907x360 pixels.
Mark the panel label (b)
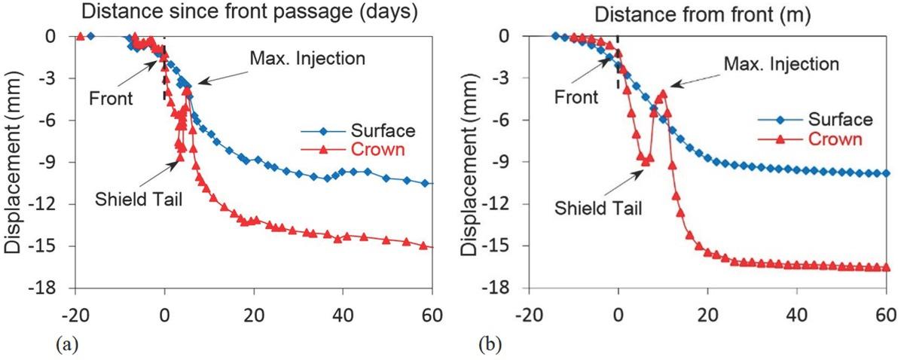click(490, 348)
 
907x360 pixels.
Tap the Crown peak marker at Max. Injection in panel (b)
click(663, 93)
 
